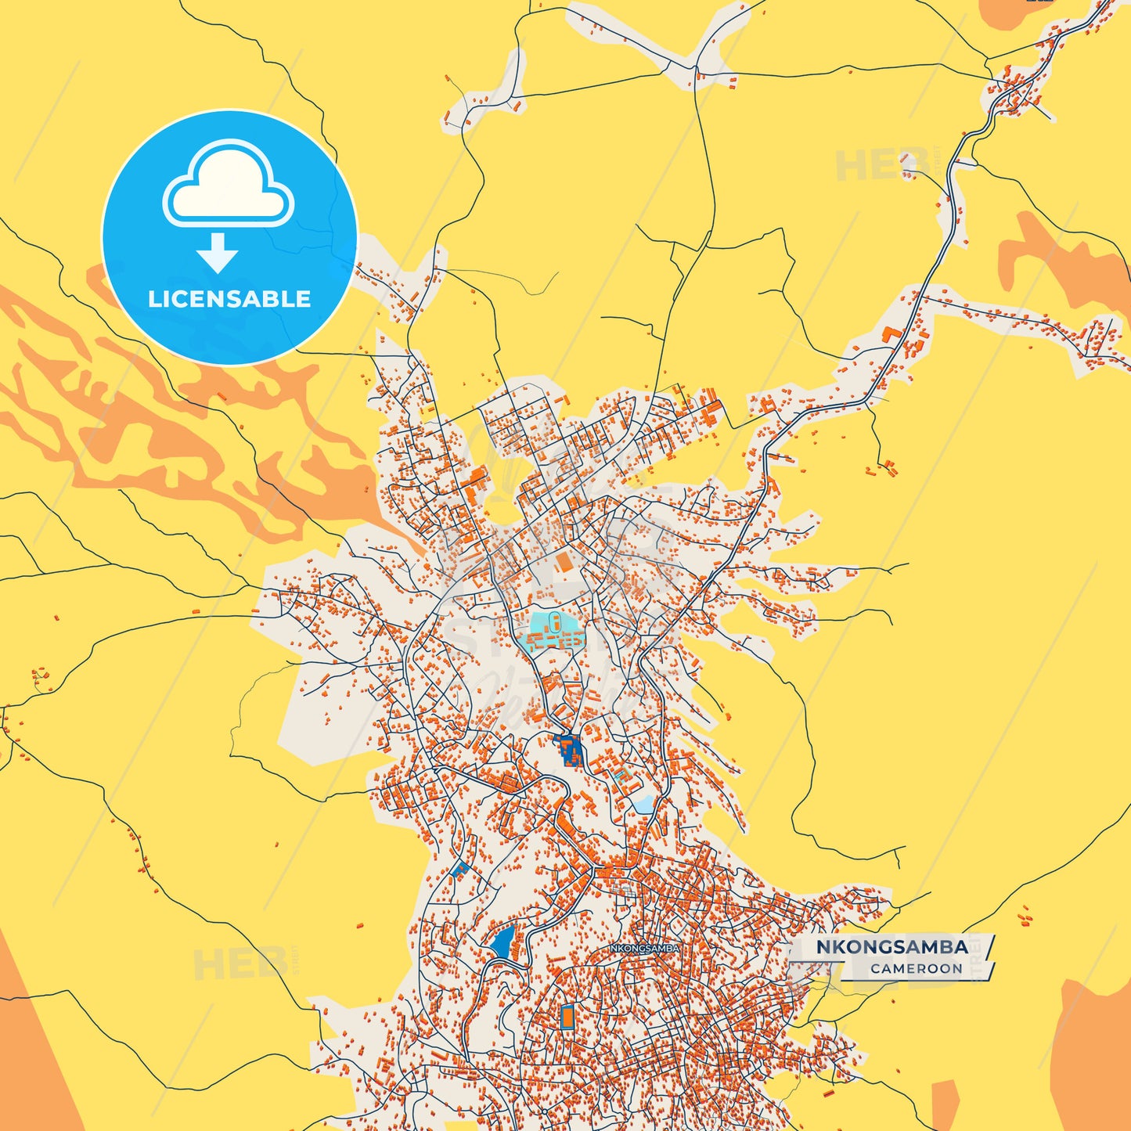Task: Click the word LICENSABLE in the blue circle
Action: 229,299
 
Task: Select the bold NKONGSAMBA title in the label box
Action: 891,947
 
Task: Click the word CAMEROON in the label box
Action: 916,969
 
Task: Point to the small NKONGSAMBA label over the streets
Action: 644,948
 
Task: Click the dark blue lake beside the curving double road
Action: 502,942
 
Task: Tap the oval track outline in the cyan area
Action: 554,623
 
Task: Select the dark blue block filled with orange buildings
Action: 570,750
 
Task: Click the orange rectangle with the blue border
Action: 567,1018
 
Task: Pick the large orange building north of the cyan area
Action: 564,562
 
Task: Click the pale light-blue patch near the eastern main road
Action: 643,804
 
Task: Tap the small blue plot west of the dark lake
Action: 460,869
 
